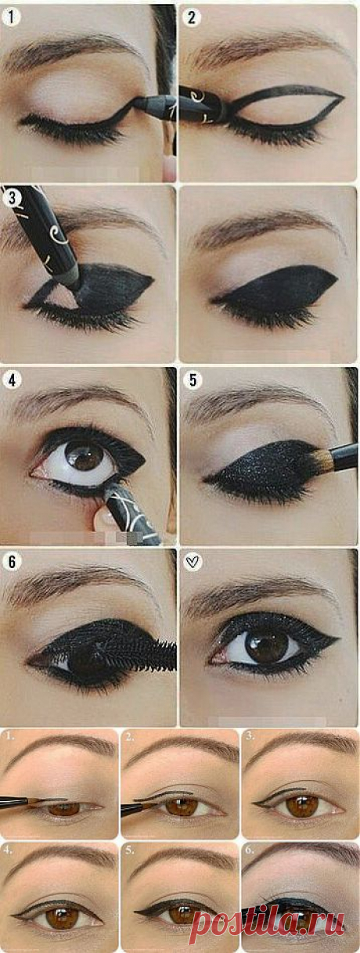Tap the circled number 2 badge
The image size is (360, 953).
point(192,17)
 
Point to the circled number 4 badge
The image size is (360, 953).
point(12,380)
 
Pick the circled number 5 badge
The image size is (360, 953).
point(193,380)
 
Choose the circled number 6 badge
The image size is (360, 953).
point(12,562)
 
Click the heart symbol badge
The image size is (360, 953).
point(193,562)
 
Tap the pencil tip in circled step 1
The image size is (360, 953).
point(137,101)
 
